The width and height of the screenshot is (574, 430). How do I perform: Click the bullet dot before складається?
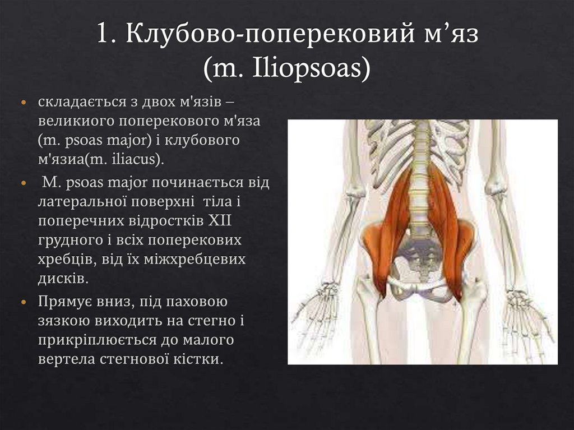point(23,104)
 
